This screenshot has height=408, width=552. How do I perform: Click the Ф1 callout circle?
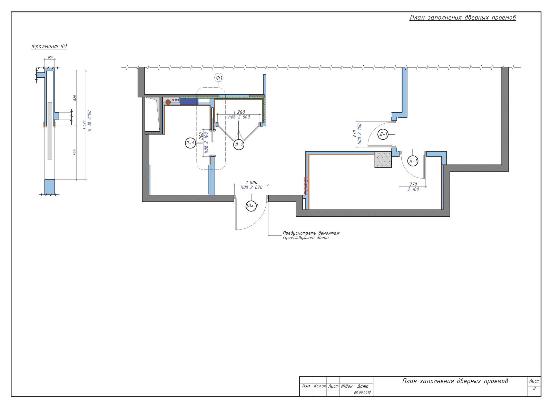219,78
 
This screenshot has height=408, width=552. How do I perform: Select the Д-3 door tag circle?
190,143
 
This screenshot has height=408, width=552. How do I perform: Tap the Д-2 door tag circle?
239,145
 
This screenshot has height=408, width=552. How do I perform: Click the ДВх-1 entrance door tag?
251,206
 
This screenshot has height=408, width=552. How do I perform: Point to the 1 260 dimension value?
239,112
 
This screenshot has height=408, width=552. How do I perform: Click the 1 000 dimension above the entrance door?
252,183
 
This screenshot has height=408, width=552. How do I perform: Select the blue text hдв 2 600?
239,117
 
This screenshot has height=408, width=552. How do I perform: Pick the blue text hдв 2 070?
252,187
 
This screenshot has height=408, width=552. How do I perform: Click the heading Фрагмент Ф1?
49,46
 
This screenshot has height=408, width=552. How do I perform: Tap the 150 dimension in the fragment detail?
50,58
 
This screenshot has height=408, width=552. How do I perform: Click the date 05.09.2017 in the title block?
362,393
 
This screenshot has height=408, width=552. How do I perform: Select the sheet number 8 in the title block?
534,388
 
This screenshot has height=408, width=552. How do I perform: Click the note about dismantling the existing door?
311,235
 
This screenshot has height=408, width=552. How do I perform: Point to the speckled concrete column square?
383,160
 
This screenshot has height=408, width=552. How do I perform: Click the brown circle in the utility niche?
168,102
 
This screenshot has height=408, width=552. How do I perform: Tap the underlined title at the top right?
462,18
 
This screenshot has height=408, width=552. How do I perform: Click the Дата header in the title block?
363,386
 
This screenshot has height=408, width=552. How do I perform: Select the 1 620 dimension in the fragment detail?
84,125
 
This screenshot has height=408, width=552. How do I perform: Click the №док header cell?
346,386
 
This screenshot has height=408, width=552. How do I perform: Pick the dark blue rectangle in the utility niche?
189,101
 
